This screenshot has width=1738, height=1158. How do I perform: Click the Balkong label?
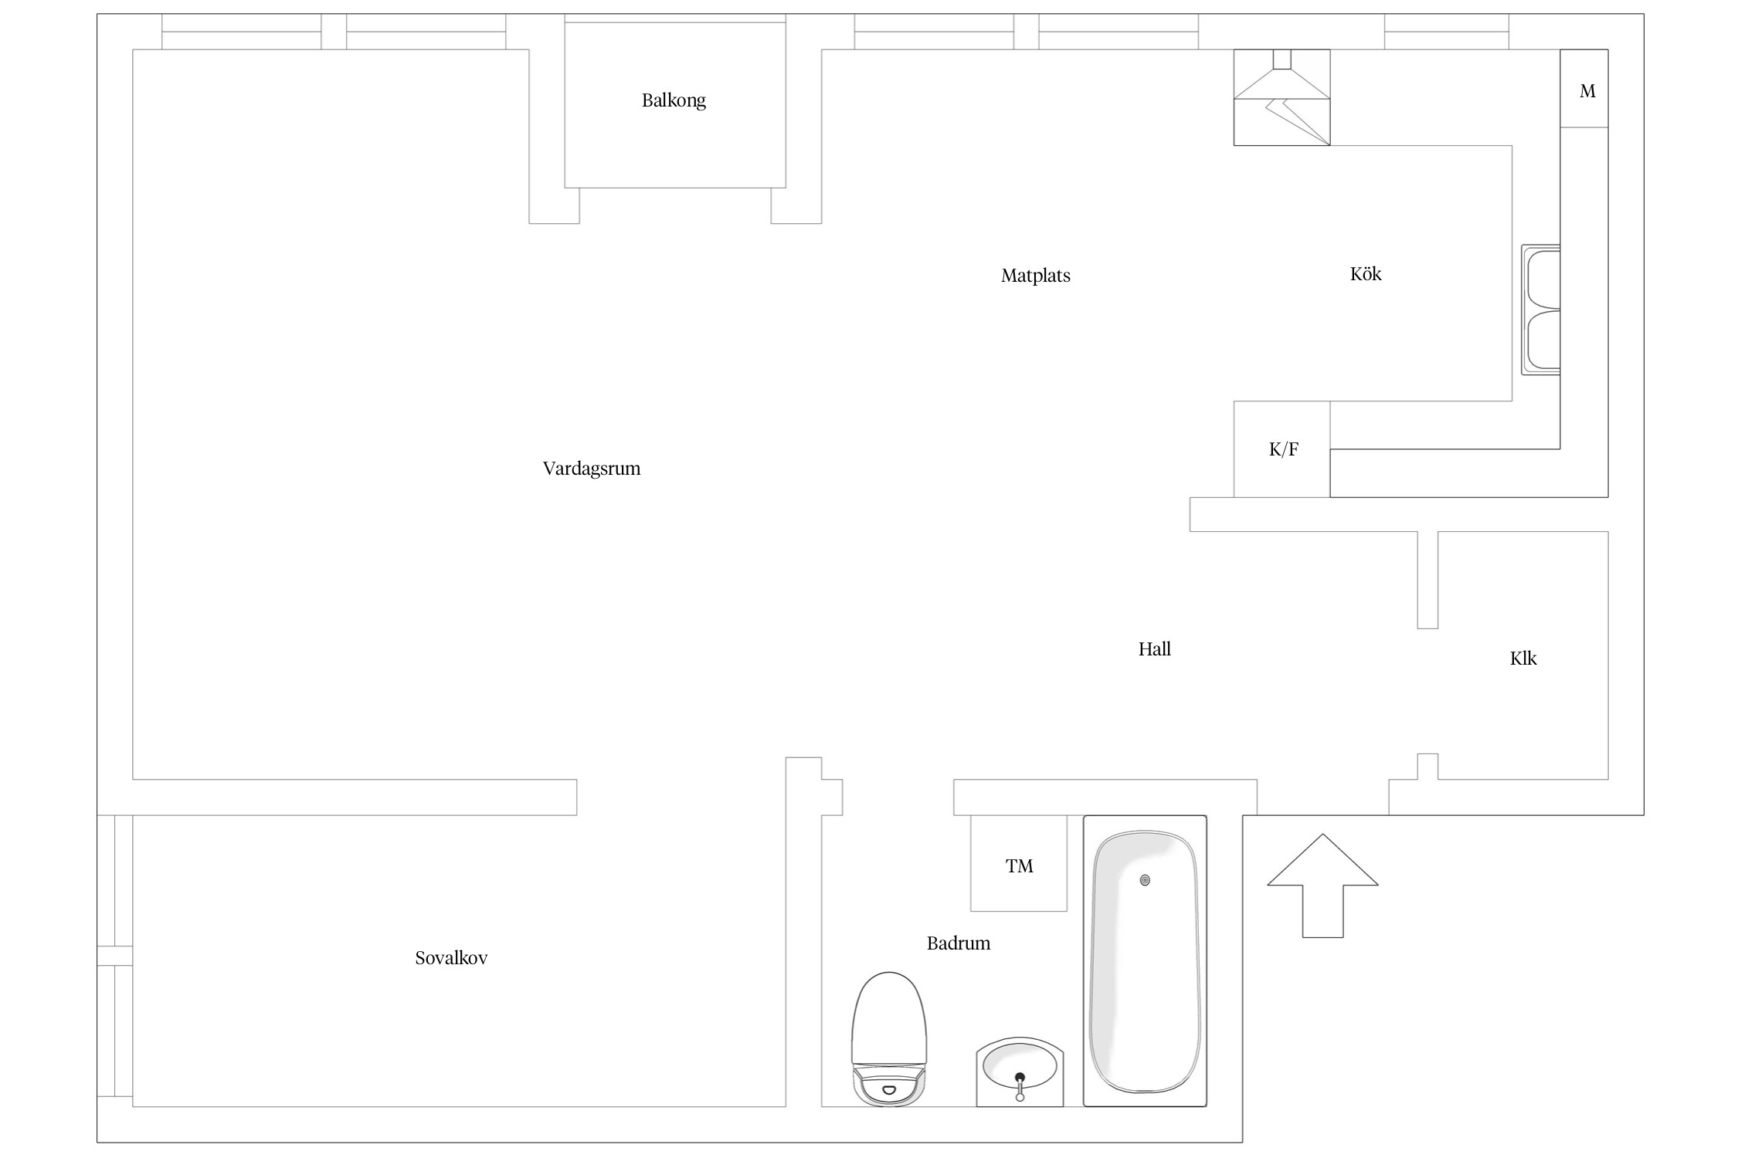point(674,100)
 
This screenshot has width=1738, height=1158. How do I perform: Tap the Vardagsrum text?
point(592,469)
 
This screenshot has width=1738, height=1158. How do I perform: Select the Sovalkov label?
point(451,958)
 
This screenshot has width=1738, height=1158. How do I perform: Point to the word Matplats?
point(1035,276)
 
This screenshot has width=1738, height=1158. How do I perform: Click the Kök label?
point(1365,274)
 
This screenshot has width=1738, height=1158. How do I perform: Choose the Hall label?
point(1154,649)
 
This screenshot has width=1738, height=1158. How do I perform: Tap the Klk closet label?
point(1522,659)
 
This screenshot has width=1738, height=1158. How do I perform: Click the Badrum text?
point(958,943)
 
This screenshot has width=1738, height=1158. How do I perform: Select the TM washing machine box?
point(1019,864)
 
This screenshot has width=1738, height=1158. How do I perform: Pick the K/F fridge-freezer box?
point(1282,449)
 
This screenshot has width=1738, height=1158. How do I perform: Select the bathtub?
point(1145,961)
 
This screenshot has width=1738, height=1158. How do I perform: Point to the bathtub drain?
point(1145,880)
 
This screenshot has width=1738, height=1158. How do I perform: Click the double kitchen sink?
point(1542,310)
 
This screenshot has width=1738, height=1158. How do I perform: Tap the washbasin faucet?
point(1020,1085)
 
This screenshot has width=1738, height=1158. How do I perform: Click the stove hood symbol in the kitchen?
point(1281,97)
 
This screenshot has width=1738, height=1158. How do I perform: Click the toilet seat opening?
point(888,1090)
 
